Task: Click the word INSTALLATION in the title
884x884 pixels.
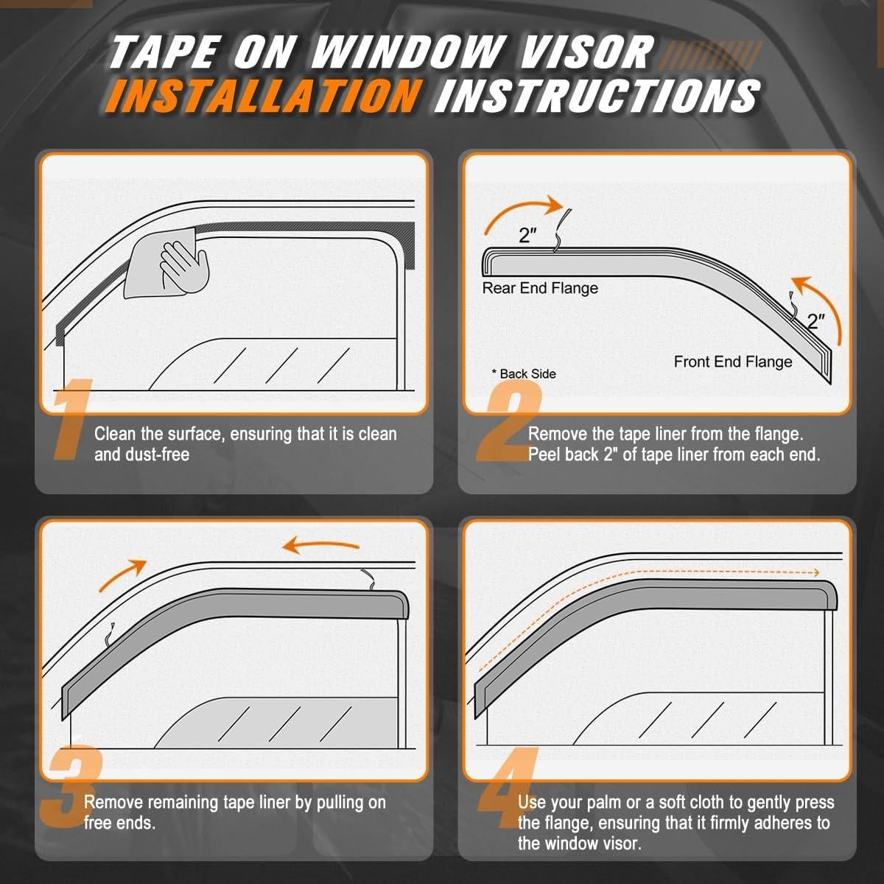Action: pyautogui.click(x=262, y=96)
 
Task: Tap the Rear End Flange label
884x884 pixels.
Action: pyautogui.click(x=540, y=288)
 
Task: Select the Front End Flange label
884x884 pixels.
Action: pyautogui.click(x=733, y=362)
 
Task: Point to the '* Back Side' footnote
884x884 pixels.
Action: pyautogui.click(x=524, y=373)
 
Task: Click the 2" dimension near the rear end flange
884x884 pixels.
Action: pyautogui.click(x=528, y=236)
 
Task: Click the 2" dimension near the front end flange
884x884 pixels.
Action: pyautogui.click(x=816, y=321)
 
